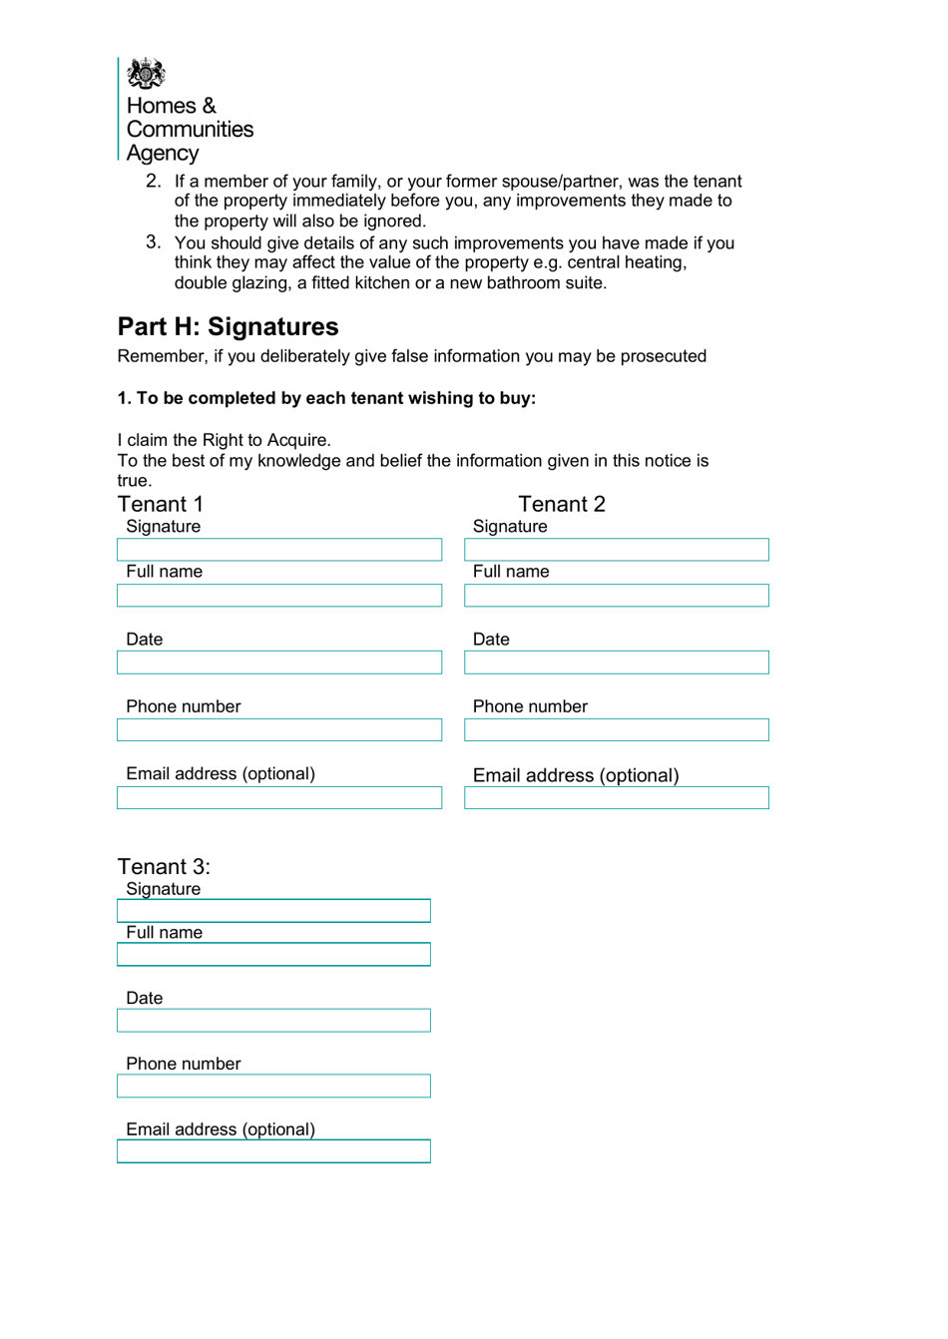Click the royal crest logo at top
point(146,73)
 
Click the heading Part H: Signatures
point(228,327)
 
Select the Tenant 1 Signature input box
point(278,550)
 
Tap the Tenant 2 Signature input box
point(616,550)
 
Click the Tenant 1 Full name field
point(278,596)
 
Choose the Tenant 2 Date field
point(616,663)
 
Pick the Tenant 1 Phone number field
point(278,730)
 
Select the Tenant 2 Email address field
point(616,798)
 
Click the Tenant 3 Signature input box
point(273,911)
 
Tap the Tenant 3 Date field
point(273,1021)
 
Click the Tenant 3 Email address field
point(273,1151)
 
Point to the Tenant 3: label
point(164,866)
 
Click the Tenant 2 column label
point(561,504)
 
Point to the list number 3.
point(153,242)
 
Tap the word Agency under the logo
point(162,154)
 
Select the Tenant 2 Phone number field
point(616,730)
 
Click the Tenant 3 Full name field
point(273,955)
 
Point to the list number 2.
point(153,181)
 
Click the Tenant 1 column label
point(160,504)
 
